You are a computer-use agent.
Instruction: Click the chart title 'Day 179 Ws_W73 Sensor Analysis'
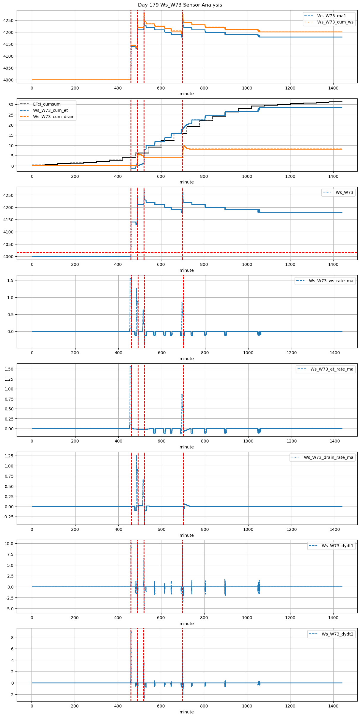[x=180, y=5]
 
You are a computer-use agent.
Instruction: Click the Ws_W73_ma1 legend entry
[x=331, y=16]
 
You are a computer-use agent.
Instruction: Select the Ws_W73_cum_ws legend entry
[x=335, y=22]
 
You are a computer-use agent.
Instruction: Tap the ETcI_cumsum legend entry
[x=47, y=104]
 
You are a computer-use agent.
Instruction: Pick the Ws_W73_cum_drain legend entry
[x=54, y=117]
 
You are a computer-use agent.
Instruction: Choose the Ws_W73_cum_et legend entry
[x=50, y=110]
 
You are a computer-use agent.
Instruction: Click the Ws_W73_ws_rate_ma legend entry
[x=331, y=281]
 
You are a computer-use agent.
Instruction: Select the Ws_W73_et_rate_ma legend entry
[x=332, y=369]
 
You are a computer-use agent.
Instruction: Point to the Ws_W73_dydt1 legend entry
[x=337, y=546]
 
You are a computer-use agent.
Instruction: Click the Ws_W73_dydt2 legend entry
[x=337, y=634]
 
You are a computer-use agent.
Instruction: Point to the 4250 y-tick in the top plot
[x=8, y=21]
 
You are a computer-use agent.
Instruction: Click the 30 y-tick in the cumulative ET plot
[x=11, y=105]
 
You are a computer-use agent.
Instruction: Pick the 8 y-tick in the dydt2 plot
[x=12, y=637]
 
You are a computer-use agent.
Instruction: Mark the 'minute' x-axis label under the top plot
[x=186, y=94]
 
